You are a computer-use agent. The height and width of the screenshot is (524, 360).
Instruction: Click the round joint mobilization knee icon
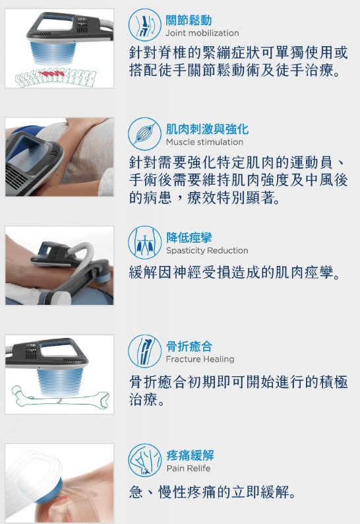click(144, 24)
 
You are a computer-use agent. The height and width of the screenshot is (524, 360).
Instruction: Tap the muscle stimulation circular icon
click(144, 134)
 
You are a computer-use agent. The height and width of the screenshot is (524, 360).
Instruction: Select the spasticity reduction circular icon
click(144, 242)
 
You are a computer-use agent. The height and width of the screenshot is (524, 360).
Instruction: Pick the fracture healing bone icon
click(144, 351)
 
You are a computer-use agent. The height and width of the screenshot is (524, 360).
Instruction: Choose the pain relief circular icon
click(144, 460)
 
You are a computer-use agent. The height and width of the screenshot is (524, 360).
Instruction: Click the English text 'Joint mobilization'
click(202, 33)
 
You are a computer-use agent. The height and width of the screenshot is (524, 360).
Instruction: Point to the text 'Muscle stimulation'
click(204, 142)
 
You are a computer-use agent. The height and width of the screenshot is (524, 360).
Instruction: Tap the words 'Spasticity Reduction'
click(207, 251)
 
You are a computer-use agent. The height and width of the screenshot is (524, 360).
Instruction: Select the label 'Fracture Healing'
click(200, 359)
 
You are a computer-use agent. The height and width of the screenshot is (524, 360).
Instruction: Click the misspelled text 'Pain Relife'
click(189, 468)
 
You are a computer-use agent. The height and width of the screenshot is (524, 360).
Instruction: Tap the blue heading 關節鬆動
click(189, 20)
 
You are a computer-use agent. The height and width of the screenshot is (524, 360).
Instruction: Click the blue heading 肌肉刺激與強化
click(208, 129)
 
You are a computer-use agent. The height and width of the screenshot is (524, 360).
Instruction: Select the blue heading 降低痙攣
click(189, 238)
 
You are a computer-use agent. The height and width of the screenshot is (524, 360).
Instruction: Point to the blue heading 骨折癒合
click(189, 346)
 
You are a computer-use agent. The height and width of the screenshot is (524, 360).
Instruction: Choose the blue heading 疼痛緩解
click(190, 455)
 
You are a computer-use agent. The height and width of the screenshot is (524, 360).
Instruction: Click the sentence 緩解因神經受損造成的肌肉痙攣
click(235, 273)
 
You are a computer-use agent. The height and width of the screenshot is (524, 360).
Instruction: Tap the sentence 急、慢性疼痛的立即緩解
click(212, 492)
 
